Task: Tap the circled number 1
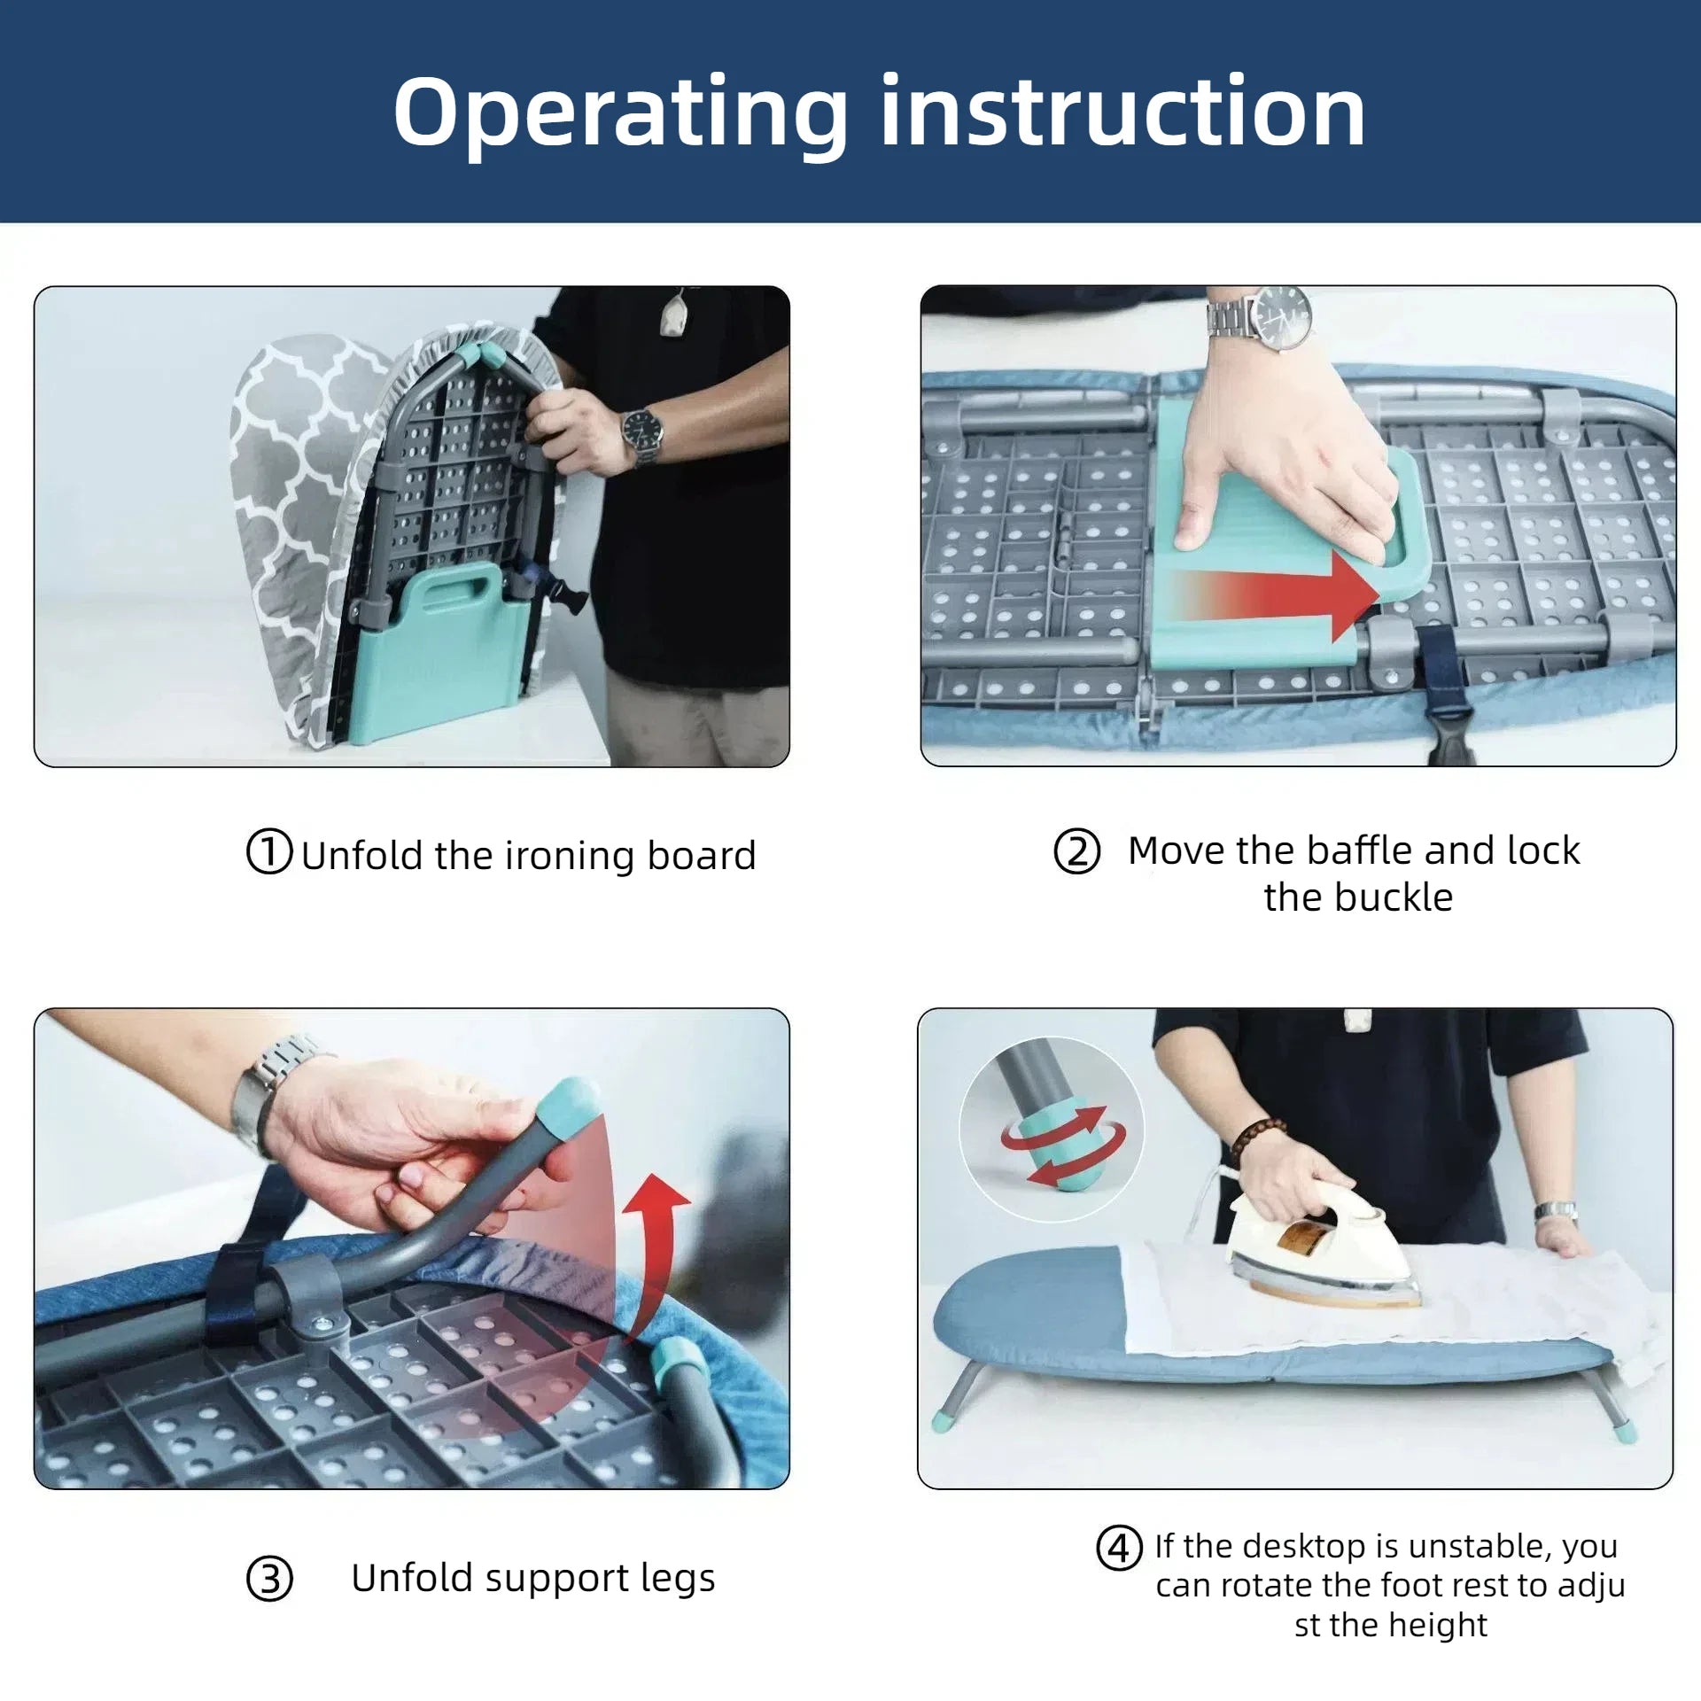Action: [x=268, y=851]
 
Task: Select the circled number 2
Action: [x=1076, y=851]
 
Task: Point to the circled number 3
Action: [x=269, y=1579]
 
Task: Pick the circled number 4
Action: [x=1119, y=1548]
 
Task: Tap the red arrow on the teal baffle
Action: [x=1276, y=595]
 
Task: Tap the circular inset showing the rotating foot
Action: [x=1051, y=1130]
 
